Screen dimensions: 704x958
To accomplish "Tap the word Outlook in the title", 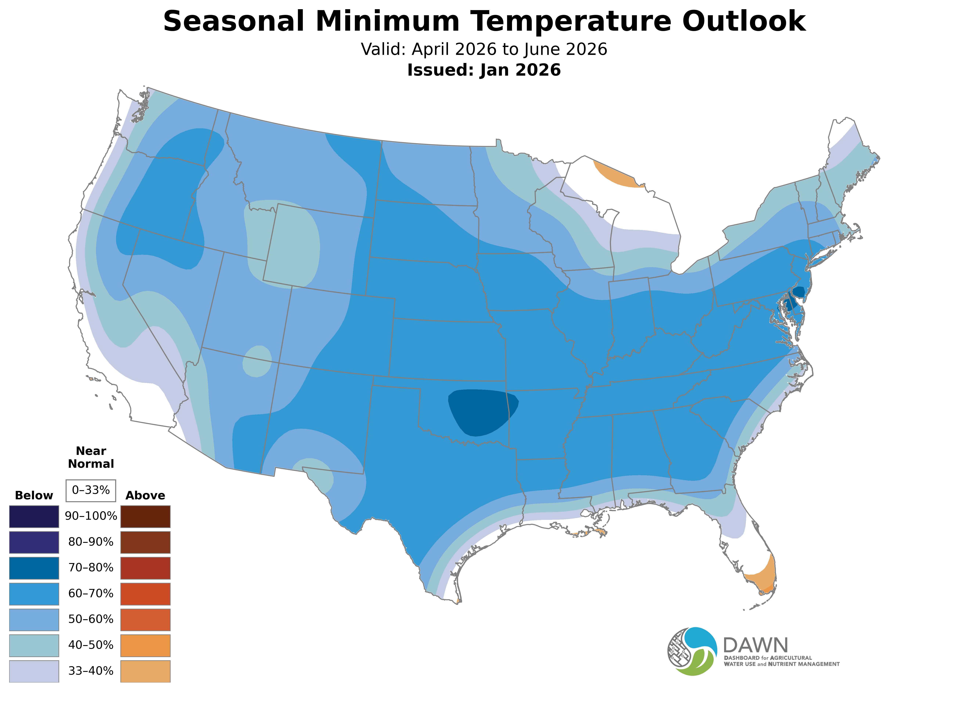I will click(x=744, y=21).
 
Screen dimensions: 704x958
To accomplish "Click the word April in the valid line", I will click(x=431, y=49).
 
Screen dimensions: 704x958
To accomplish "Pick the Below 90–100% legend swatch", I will click(x=34, y=517).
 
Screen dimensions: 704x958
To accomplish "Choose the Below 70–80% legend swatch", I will click(x=34, y=568).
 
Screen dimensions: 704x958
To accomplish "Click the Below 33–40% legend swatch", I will click(x=34, y=671).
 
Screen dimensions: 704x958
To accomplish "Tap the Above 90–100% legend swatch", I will click(x=145, y=517).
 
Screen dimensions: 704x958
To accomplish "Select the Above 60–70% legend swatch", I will click(x=145, y=594).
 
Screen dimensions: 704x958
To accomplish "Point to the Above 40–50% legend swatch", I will click(x=145, y=645).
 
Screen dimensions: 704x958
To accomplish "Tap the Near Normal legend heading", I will click(x=91, y=457).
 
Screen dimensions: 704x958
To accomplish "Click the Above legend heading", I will click(x=145, y=496).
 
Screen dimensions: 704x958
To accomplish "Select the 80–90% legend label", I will click(x=91, y=542).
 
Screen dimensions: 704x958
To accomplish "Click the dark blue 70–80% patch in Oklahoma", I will click(x=482, y=411).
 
